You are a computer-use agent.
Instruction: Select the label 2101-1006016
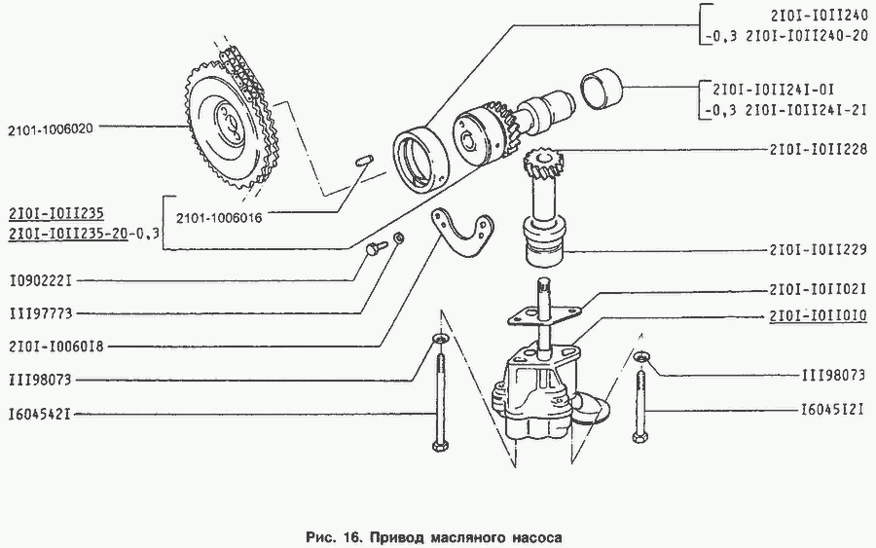[x=223, y=216]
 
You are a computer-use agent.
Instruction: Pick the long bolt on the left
[x=438, y=399]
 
